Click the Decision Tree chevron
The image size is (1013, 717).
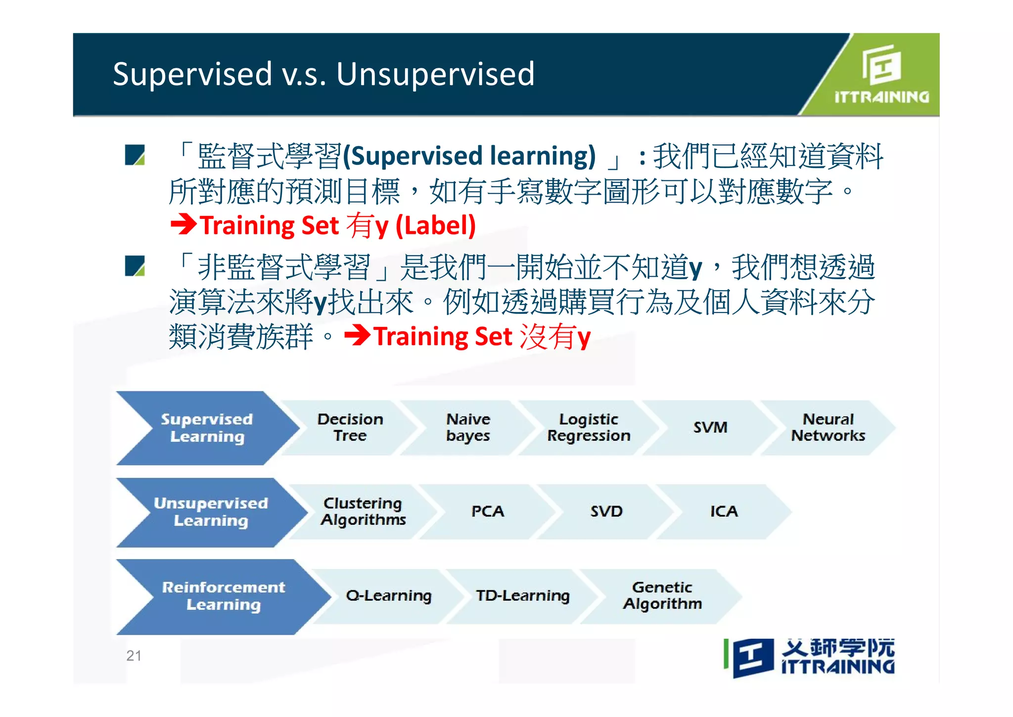click(x=350, y=427)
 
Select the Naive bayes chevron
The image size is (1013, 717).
click(x=468, y=427)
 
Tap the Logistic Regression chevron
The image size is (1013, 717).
click(x=589, y=427)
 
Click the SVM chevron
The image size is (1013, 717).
click(x=710, y=427)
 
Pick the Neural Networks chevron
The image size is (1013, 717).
click(x=828, y=427)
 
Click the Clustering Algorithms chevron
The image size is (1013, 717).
click(x=363, y=512)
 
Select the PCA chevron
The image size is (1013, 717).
click(x=488, y=512)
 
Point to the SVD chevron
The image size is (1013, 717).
click(x=606, y=512)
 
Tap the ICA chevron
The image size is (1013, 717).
click(x=724, y=512)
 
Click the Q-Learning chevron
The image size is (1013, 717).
click(x=389, y=596)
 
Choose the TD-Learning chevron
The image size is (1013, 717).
click(x=523, y=596)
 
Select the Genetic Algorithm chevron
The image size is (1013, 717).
click(x=662, y=596)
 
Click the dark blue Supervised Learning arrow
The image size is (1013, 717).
click(x=207, y=428)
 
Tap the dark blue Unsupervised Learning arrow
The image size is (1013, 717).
click(x=211, y=512)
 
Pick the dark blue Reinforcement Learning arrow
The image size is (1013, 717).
click(x=224, y=596)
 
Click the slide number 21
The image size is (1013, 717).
click(x=134, y=656)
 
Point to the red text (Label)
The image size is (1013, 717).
click(x=435, y=226)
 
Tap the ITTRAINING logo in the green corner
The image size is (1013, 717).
click(x=881, y=74)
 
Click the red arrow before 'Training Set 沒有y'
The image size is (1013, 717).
click(x=357, y=336)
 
